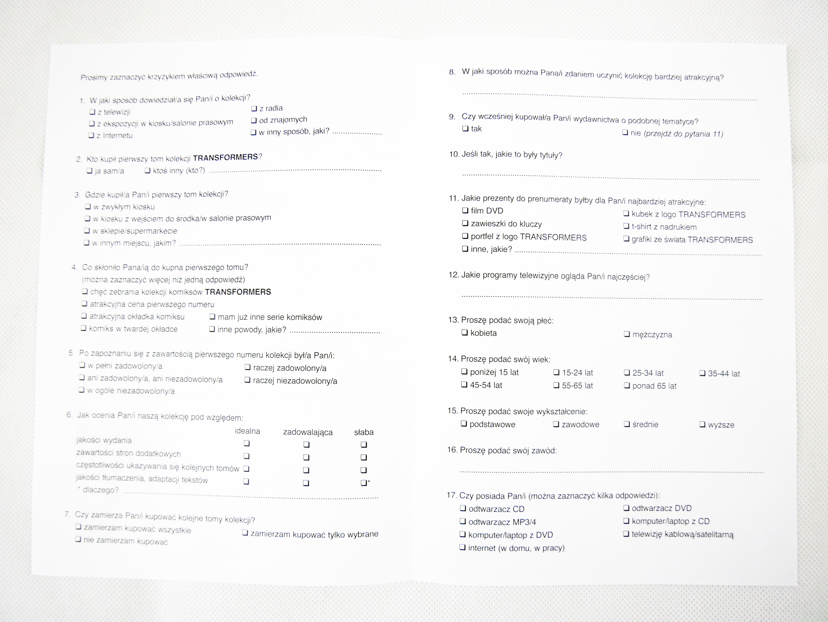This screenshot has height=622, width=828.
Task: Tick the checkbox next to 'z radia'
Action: [x=254, y=109]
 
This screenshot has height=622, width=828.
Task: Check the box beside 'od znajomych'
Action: [x=254, y=120]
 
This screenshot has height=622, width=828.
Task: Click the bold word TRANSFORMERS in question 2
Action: [x=225, y=157]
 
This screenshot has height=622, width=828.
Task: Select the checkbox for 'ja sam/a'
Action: [x=90, y=171]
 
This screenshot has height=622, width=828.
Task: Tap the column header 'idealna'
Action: [x=247, y=431]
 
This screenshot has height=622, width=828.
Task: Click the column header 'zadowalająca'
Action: [x=308, y=432]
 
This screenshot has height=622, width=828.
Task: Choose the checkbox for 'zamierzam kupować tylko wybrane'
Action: [x=245, y=533]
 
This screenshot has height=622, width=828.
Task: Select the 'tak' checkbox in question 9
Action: [x=465, y=128]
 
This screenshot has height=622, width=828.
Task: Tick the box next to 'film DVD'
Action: [x=465, y=211]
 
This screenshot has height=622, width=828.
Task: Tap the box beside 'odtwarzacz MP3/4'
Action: [x=463, y=521]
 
